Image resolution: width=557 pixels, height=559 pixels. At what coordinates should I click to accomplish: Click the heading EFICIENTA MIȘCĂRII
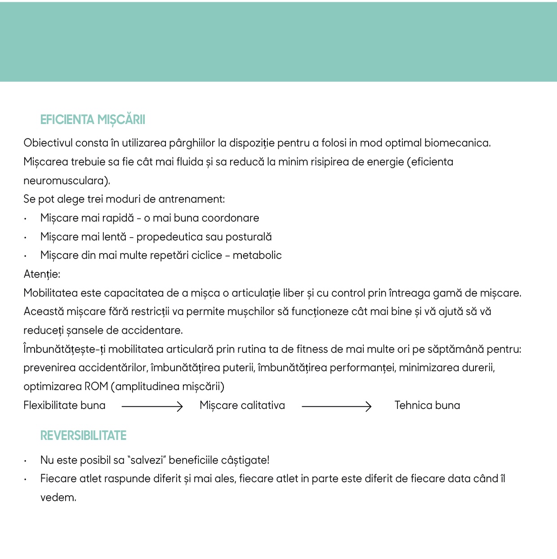point(93,120)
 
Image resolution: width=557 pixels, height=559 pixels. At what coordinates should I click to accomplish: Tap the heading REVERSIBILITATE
point(83,435)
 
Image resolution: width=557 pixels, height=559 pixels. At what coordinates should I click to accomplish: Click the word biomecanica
point(457,143)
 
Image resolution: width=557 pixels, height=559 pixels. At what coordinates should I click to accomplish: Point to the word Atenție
point(41,274)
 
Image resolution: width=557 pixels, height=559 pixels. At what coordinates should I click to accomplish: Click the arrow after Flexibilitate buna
point(152,406)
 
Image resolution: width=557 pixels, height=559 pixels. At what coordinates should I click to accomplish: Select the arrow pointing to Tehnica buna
point(337,406)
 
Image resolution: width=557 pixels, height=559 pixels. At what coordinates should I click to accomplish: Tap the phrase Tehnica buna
point(427,405)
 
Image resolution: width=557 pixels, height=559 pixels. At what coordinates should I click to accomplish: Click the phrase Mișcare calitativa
point(242,405)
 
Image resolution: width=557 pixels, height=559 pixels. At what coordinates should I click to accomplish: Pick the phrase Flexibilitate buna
point(64,405)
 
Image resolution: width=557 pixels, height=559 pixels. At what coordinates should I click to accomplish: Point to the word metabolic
point(257,255)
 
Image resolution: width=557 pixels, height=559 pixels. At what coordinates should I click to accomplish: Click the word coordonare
point(230,218)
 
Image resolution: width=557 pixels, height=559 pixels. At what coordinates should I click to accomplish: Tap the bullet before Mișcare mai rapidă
point(26,219)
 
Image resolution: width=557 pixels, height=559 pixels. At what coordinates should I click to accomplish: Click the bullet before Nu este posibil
point(26,461)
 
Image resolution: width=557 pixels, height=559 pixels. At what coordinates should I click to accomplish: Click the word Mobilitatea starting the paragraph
point(50,293)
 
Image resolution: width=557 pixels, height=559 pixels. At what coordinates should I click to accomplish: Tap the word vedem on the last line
point(58,497)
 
